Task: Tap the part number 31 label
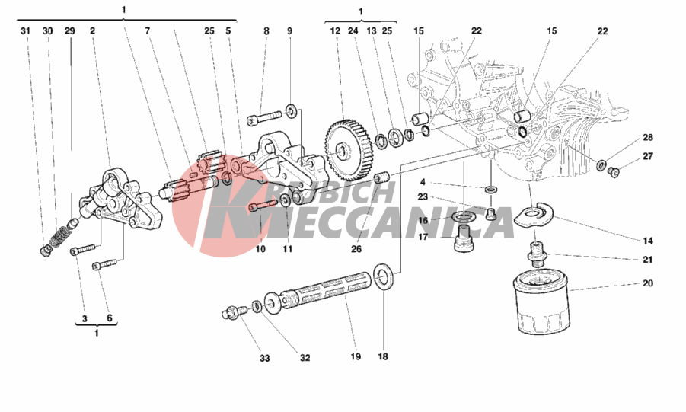point(24,31)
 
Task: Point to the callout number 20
point(647,284)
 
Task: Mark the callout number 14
point(647,240)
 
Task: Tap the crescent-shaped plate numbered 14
point(535,214)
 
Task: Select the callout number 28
point(647,138)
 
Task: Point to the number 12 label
point(335,31)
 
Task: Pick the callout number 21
point(647,260)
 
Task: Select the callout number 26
point(356,248)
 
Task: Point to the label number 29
point(69,31)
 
